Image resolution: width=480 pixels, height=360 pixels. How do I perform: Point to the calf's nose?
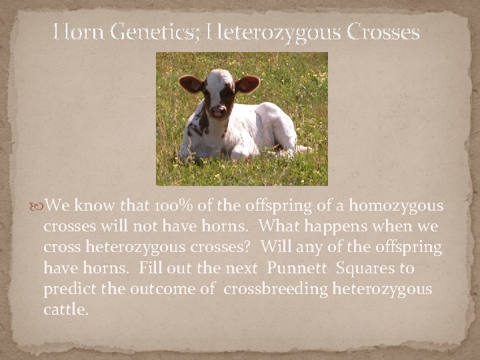218,111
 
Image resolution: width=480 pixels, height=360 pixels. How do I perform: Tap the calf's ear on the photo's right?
247,83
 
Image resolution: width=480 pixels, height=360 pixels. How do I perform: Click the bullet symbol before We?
37,204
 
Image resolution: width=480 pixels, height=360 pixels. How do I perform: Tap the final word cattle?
65,311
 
